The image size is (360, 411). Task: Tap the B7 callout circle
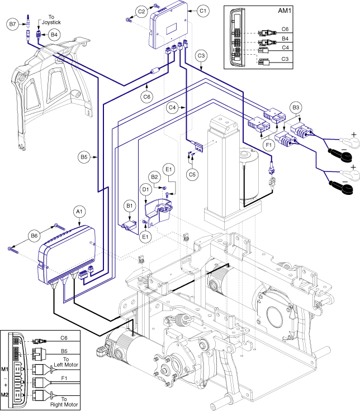click(x=13, y=23)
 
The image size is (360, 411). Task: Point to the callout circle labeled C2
click(x=141, y=11)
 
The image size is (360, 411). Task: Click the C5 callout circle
click(x=193, y=174)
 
